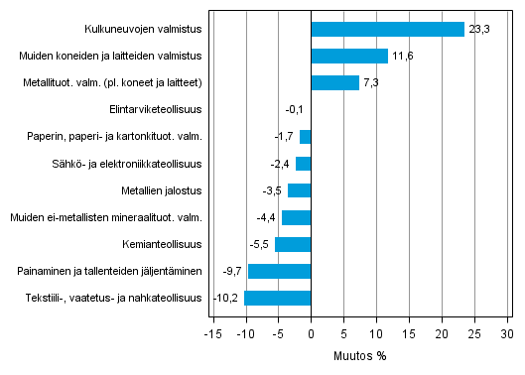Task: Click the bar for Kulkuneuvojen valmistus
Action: click(x=387, y=29)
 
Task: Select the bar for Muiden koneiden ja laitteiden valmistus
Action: click(x=349, y=56)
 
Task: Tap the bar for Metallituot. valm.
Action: click(x=334, y=82)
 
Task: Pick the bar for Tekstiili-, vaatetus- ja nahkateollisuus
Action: click(x=278, y=298)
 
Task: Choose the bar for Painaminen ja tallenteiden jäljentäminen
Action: click(x=279, y=271)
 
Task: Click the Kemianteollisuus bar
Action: click(x=293, y=244)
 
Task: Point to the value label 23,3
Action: click(x=478, y=30)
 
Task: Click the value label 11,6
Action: click(x=402, y=57)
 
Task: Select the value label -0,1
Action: click(x=294, y=110)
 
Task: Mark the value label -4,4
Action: click(x=266, y=217)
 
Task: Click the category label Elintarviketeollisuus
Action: click(x=155, y=110)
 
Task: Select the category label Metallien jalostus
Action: click(x=159, y=190)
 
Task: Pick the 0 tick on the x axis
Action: click(x=311, y=333)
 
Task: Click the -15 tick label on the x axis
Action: click(x=211, y=333)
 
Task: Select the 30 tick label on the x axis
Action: click(x=507, y=333)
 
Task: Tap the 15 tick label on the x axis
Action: click(x=409, y=333)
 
